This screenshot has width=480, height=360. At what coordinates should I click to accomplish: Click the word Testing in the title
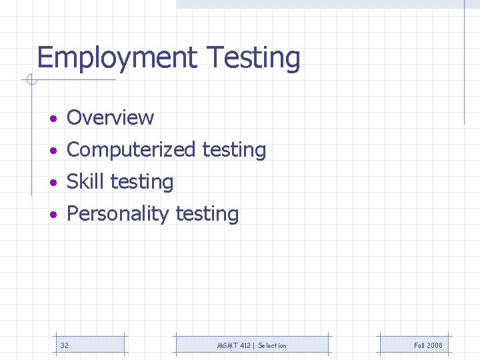coord(253,59)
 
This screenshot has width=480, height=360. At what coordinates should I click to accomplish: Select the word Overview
coord(111,118)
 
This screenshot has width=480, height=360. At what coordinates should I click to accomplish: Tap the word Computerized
coord(131,150)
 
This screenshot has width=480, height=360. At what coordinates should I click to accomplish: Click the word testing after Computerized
coord(234,150)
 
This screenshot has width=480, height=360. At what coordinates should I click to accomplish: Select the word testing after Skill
coord(142,182)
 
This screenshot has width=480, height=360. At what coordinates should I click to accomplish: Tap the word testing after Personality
coord(207,214)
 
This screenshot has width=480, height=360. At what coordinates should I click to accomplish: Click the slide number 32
coord(65,345)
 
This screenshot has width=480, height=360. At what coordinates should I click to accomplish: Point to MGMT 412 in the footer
coord(234,345)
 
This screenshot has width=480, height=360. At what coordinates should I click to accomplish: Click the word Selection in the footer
coord(272,345)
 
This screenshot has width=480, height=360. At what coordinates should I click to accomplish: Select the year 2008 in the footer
coord(435,345)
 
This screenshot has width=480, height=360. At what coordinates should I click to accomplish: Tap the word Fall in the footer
coord(419,345)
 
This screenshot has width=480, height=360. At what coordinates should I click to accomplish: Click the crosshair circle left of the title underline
coord(31,81)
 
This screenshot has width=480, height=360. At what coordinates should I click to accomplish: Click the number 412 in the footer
coord(244,345)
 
